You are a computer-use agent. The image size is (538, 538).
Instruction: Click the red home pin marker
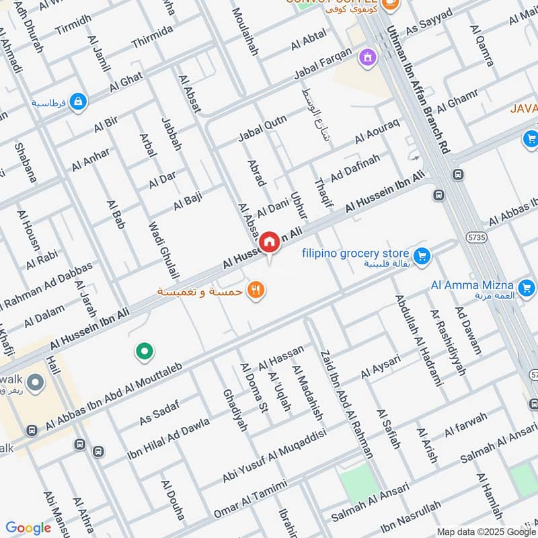[270, 241]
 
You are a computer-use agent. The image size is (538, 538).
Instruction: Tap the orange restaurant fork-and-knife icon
[256, 291]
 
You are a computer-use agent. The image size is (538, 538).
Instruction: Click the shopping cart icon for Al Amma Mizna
[527, 289]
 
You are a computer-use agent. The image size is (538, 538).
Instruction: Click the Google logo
[28, 528]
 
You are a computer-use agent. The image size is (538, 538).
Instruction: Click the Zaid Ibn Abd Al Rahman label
[346, 403]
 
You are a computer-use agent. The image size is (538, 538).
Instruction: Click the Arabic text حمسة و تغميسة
[201, 291]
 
